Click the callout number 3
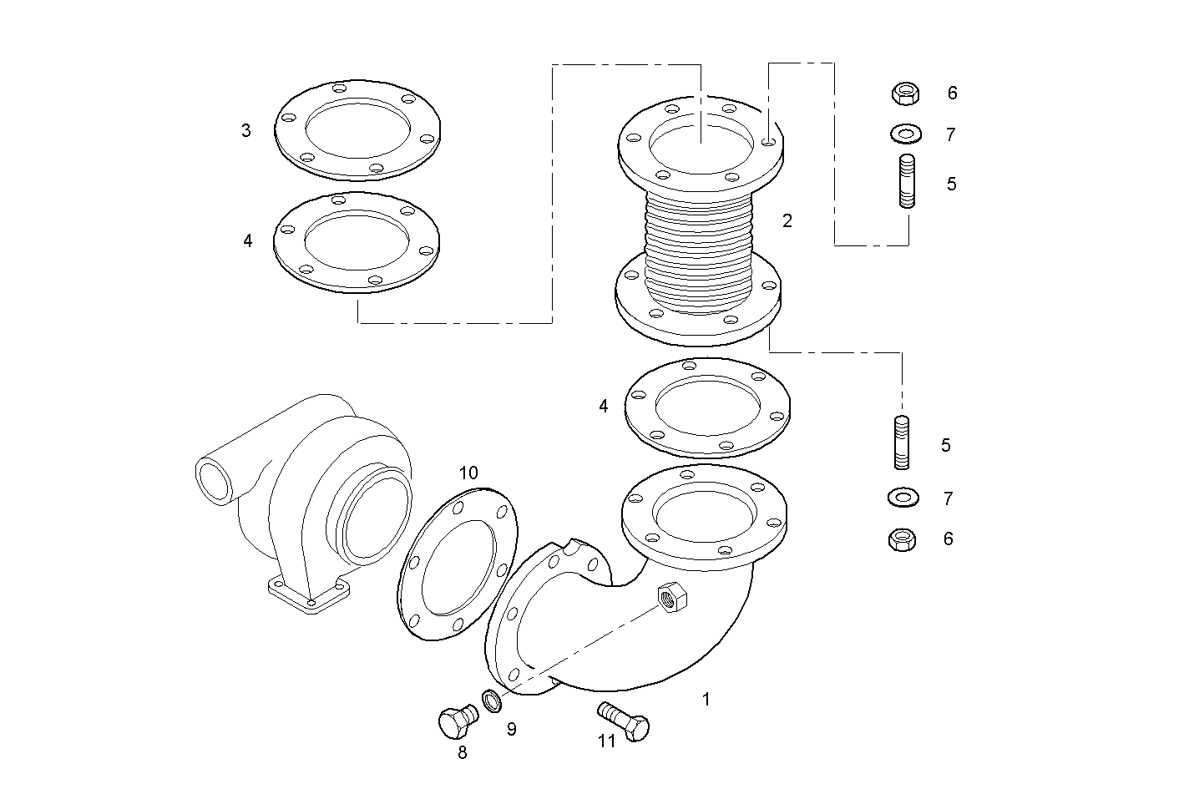pyautogui.click(x=245, y=131)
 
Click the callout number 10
pyautogui.click(x=468, y=473)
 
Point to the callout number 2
pyautogui.click(x=787, y=221)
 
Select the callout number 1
pyautogui.click(x=706, y=700)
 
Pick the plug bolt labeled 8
pyautogui.click(x=454, y=721)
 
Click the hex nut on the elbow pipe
pyautogui.click(x=671, y=596)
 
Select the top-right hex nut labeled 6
pyautogui.click(x=903, y=93)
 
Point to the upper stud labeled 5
pyautogui.click(x=907, y=180)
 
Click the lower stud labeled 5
pyautogui.click(x=901, y=443)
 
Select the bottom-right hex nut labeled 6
pyautogui.click(x=902, y=539)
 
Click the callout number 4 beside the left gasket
pyautogui.click(x=247, y=240)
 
